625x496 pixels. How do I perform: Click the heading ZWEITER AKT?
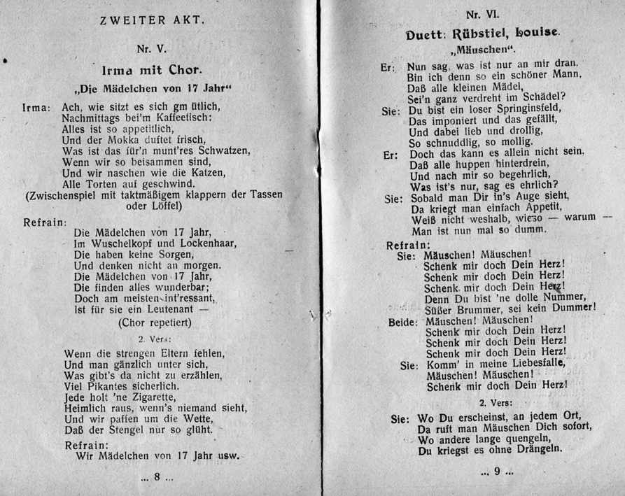tap(153, 20)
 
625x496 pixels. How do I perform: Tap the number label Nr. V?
tap(152, 48)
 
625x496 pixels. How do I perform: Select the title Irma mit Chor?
tap(151, 70)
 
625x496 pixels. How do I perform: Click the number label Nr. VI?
tap(483, 14)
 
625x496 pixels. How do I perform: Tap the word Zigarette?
tap(143, 397)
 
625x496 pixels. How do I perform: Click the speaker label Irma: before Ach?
tap(36, 108)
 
